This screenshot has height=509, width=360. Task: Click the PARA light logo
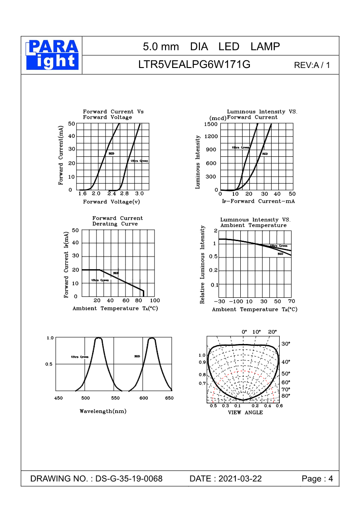[x=52, y=55]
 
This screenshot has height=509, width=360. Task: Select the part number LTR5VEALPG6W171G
[x=194, y=65]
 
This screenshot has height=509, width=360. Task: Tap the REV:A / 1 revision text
[x=312, y=65]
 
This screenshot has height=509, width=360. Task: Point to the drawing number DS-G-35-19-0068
[x=129, y=479]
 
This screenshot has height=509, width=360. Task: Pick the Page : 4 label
[x=317, y=479]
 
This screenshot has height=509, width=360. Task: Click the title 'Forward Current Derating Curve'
[x=117, y=221]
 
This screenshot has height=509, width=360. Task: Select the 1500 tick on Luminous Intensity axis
[x=211, y=124]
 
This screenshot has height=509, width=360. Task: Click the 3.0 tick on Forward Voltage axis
[x=139, y=194]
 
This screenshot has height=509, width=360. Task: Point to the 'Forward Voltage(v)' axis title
[x=112, y=202]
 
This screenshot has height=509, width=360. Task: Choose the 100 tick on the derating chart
[x=155, y=301]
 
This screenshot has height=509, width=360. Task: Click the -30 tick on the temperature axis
[x=220, y=301]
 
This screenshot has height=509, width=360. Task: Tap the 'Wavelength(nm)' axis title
[x=103, y=411]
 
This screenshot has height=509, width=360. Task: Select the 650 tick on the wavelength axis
[x=169, y=398]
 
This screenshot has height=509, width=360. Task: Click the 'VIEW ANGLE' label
[x=245, y=412]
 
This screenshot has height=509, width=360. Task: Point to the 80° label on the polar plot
[x=286, y=396]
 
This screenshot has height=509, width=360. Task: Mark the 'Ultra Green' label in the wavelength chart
[x=79, y=357]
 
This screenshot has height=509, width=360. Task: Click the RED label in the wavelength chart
[x=137, y=356]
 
